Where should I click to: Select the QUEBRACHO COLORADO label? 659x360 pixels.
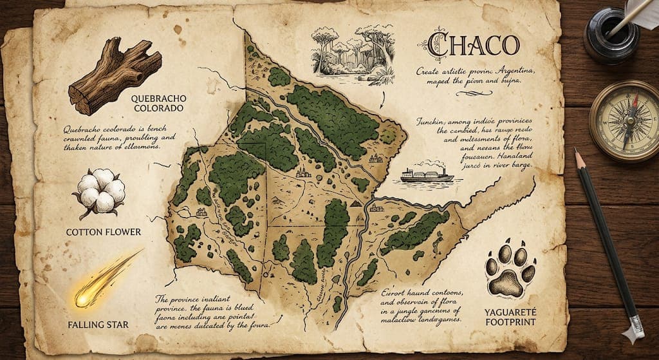pos(156,104)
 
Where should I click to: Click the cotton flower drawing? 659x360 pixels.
pos(101,189)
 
